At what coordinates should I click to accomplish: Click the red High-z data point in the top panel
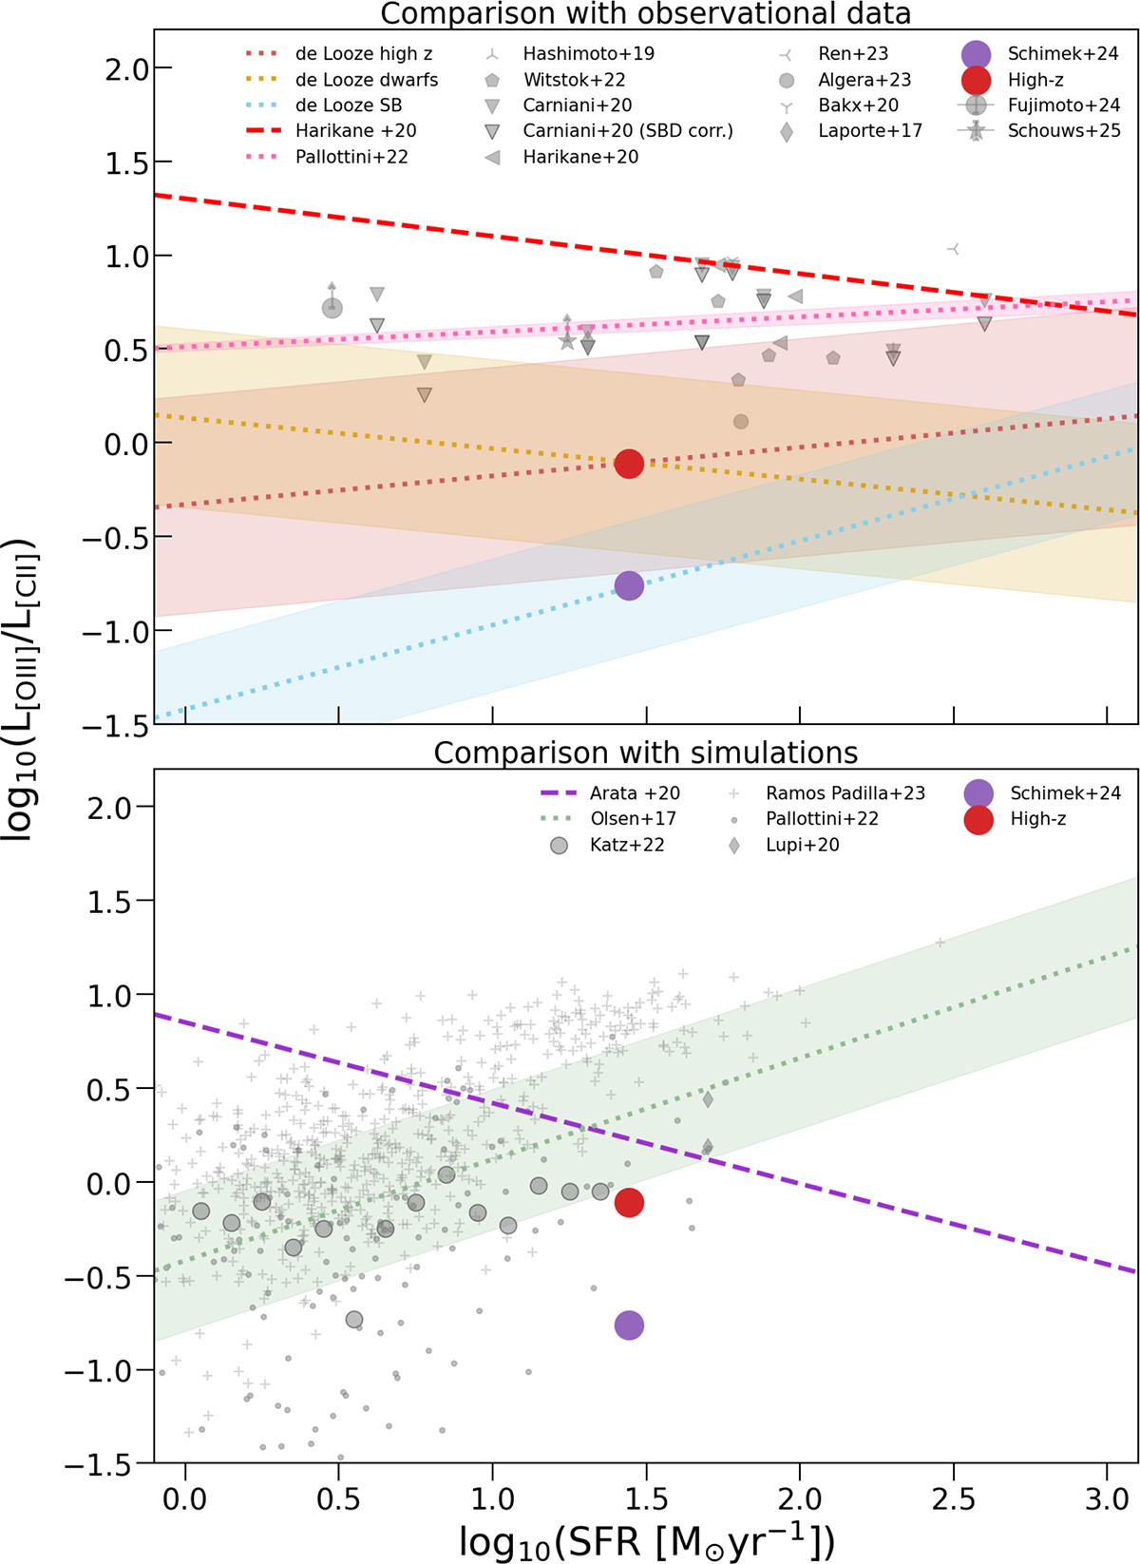click(x=629, y=464)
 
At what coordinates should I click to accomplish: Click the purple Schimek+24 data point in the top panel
click(x=629, y=585)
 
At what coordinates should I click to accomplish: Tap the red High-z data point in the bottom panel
click(x=629, y=1203)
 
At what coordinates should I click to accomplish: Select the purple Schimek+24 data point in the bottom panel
click(x=629, y=1326)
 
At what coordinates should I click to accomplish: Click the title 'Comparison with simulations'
click(x=646, y=753)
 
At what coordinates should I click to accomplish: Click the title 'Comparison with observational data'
click(x=646, y=13)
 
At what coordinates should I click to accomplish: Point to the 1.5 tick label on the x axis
click(x=646, y=1500)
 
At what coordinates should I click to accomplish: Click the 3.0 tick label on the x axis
click(x=1107, y=1500)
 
